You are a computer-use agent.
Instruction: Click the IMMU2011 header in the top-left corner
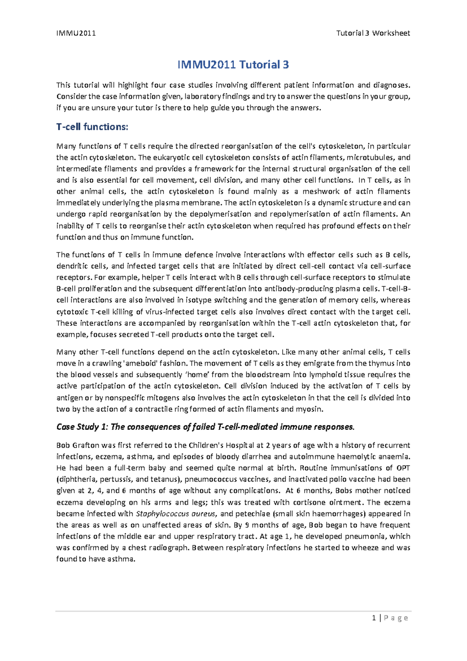[x=76, y=33]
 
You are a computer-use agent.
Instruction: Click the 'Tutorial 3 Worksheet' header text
[x=373, y=33]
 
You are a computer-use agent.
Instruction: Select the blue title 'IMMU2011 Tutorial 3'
[x=233, y=65]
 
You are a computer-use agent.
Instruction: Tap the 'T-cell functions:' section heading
[x=92, y=127]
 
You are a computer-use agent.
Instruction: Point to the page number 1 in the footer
[x=374, y=618]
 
